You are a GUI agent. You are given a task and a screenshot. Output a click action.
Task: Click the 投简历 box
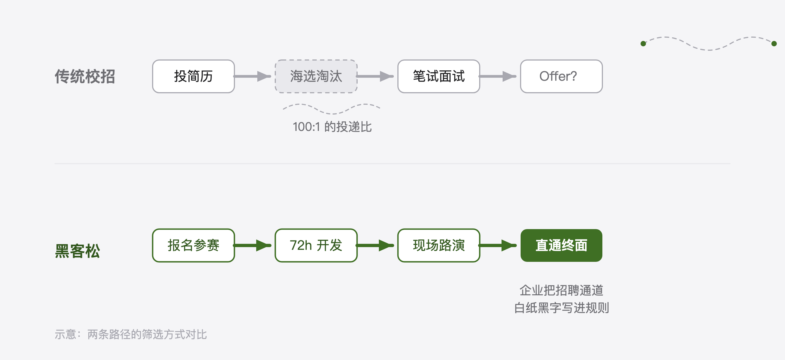coord(193,76)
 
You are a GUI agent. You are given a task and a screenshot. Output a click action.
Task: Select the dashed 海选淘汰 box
coord(316,76)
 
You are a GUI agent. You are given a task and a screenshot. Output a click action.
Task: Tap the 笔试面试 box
coord(439,76)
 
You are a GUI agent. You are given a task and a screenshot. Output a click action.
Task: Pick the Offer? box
coord(561,76)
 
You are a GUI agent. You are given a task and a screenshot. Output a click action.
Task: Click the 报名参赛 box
coord(193,245)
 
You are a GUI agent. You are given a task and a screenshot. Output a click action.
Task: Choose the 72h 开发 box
coord(316,245)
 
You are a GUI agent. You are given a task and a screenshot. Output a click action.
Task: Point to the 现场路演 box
coord(439,245)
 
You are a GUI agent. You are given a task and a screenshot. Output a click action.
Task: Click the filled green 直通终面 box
coord(561,245)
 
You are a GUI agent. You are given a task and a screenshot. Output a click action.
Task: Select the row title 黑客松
coord(77,251)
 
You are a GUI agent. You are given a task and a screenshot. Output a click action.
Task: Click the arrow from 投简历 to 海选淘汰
coord(252,76)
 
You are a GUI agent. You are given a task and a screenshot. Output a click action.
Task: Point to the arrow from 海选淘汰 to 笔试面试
coord(375,76)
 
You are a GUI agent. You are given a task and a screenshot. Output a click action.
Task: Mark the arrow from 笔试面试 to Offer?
coord(498,76)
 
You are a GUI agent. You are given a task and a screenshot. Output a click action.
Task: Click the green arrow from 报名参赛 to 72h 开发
coord(252,245)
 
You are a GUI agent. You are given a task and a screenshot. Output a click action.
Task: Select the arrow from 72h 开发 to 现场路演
coord(375,245)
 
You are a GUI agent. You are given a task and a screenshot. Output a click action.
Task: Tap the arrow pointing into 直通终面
coord(498,245)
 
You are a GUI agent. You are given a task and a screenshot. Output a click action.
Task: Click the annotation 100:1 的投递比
coord(332,127)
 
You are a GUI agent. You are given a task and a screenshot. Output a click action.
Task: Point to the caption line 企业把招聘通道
coord(561,290)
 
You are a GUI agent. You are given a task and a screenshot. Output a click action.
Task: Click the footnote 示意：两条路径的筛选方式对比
coord(131,334)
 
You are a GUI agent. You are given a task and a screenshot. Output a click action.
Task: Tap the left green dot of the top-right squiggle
coord(643,44)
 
